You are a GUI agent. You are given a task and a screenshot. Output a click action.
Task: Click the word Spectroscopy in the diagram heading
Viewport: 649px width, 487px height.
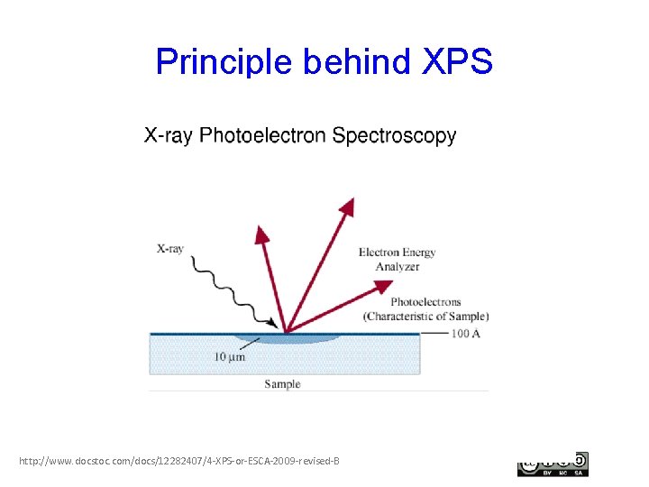tap(394, 136)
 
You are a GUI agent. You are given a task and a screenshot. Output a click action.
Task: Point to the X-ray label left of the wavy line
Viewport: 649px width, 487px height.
tap(170, 248)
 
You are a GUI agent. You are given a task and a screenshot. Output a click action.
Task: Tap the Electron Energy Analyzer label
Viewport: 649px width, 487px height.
tap(397, 259)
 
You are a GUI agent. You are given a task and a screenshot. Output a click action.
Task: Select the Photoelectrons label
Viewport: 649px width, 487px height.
tap(425, 302)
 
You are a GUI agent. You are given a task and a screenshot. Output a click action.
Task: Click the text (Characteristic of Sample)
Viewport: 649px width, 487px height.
tap(425, 317)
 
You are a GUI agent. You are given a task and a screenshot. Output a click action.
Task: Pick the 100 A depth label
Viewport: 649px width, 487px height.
tap(466, 335)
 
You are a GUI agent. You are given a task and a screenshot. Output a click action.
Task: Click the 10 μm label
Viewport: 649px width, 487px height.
tap(229, 357)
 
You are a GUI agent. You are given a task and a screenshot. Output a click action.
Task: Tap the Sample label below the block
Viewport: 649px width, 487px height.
tap(282, 384)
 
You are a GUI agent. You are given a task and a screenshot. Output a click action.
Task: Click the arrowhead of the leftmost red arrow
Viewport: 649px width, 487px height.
tap(261, 234)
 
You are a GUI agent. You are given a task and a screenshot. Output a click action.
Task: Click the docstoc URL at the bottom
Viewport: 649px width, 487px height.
tap(179, 462)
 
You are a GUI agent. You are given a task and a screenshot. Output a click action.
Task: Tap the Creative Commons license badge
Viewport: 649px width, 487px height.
tap(553, 464)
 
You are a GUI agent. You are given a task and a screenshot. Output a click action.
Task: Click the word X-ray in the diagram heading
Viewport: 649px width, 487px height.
tap(169, 136)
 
